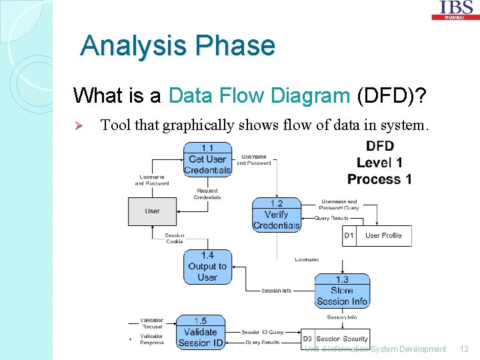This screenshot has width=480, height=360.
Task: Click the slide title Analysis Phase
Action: click(177, 46)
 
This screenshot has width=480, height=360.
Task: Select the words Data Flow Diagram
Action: click(259, 96)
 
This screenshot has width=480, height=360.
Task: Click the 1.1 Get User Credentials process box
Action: click(207, 159)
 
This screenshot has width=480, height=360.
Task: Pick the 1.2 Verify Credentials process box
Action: click(276, 215)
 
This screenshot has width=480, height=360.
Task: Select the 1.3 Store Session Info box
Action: click(341, 291)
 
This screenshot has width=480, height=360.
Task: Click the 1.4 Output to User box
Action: click(207, 267)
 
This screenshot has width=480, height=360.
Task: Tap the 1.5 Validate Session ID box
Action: click(200, 332)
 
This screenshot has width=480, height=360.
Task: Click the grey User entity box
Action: click(153, 211)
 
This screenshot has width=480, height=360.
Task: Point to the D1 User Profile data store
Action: click(377, 235)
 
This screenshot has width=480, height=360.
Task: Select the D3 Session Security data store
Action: click(335, 339)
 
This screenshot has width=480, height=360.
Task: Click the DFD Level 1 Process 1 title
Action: click(379, 163)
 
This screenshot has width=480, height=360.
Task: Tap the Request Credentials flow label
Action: click(207, 194)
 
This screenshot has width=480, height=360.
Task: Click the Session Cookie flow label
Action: click(175, 238)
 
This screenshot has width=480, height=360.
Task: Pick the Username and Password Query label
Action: click(339, 205)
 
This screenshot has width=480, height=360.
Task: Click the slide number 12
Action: click(465, 349)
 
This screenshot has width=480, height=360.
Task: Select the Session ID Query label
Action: click(262, 332)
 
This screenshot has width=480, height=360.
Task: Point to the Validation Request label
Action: click(152, 324)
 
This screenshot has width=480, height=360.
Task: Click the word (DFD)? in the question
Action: click(393, 96)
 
